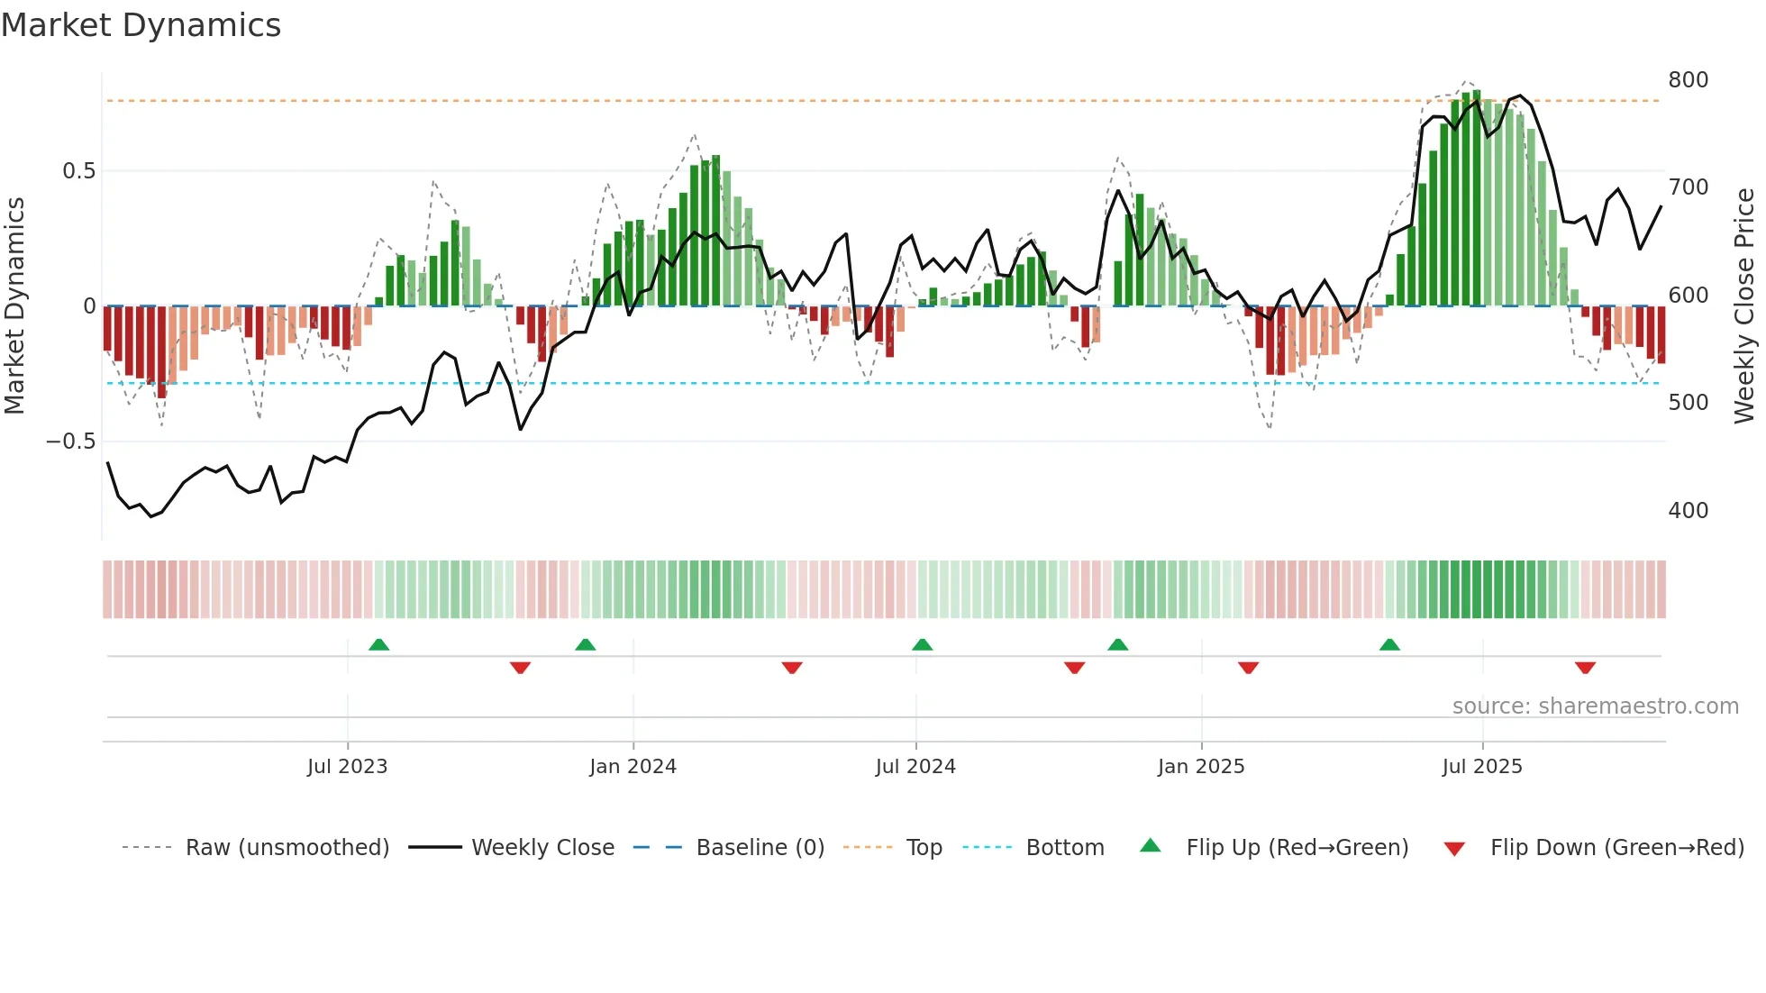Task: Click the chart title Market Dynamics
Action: pyautogui.click(x=141, y=25)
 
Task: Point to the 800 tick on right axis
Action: pyautogui.click(x=1688, y=80)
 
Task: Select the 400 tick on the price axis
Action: pyautogui.click(x=1688, y=511)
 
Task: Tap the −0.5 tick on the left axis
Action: pyautogui.click(x=71, y=442)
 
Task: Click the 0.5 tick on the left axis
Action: pyautogui.click(x=78, y=171)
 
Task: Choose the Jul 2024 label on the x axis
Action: pyautogui.click(x=915, y=767)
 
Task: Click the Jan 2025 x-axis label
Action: pyautogui.click(x=1201, y=767)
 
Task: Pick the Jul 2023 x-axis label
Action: pyautogui.click(x=347, y=767)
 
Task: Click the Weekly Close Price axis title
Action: pyautogui.click(x=1744, y=306)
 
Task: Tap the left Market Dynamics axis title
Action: pyautogui.click(x=14, y=306)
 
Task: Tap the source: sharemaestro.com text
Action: pyautogui.click(x=1595, y=706)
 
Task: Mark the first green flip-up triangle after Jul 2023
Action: pyautogui.click(x=379, y=645)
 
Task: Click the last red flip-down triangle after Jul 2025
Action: pyautogui.click(x=1585, y=668)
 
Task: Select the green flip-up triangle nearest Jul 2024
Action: pyautogui.click(x=922, y=645)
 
